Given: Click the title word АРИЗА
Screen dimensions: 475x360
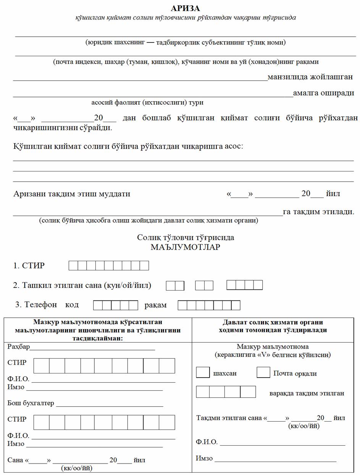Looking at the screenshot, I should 185,8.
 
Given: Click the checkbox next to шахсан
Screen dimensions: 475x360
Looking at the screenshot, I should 202,372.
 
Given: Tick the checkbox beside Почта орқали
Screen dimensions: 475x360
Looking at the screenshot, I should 263,372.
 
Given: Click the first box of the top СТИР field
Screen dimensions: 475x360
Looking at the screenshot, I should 73,265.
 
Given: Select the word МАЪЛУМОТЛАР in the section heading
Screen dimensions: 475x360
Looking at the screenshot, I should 185,247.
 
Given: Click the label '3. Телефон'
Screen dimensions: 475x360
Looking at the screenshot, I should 36,305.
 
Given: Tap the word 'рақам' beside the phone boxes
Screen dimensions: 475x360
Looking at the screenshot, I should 155,305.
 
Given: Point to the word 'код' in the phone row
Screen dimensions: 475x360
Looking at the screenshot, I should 72,305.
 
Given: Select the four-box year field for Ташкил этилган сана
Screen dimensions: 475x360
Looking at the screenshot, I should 244,285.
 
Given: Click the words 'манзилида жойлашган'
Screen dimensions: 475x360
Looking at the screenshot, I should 310,77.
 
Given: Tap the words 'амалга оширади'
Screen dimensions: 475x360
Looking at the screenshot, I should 323,93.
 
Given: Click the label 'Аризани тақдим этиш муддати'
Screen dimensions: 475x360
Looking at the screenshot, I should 72,194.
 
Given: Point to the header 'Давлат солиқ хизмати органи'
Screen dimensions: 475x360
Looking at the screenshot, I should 273,322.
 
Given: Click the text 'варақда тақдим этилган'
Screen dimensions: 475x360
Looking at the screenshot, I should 307,393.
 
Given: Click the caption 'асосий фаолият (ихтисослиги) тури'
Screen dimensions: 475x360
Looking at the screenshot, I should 147,102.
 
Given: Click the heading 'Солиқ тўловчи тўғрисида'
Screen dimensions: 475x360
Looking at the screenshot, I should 186,237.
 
